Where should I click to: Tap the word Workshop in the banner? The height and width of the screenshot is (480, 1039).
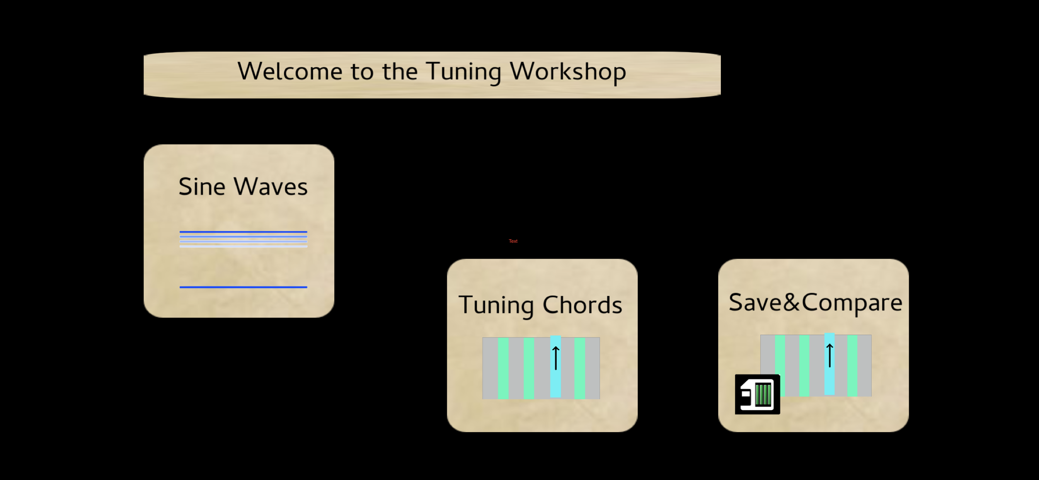(568, 72)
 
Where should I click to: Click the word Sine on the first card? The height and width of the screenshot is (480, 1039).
(202, 187)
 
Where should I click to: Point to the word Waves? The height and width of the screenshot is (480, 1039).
(271, 187)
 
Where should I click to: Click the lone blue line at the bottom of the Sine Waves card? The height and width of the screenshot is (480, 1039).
(243, 287)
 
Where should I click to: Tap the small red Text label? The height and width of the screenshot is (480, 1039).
(513, 241)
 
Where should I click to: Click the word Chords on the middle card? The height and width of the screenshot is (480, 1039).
(582, 305)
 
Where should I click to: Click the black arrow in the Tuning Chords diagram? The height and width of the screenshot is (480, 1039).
(556, 358)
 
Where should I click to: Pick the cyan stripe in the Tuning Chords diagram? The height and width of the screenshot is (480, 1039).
(555, 367)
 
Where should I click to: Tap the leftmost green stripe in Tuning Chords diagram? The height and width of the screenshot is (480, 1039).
(503, 368)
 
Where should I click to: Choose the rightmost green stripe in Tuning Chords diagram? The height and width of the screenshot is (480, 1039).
(579, 368)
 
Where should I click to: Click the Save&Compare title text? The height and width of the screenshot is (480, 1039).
(816, 303)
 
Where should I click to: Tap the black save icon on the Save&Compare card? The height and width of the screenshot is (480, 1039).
(758, 395)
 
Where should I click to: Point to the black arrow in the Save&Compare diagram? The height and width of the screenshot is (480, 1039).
(829, 355)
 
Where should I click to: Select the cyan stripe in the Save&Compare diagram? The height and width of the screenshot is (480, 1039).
(829, 364)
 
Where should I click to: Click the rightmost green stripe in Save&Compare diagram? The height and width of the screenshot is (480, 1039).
(852, 366)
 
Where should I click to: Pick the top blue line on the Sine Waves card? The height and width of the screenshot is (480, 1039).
(243, 232)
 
